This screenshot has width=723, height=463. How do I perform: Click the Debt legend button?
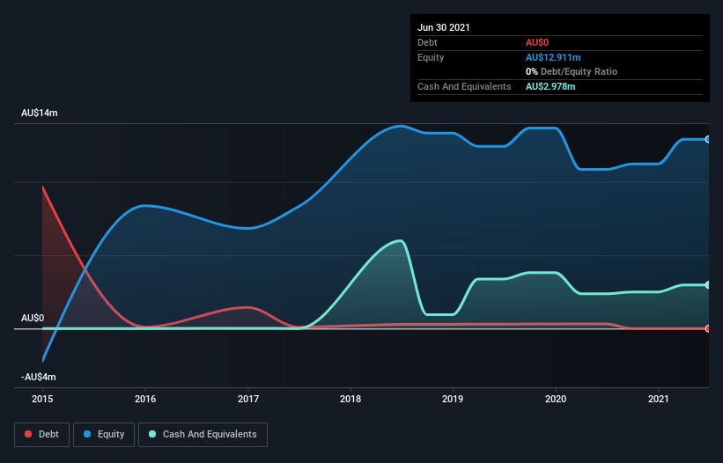(41, 434)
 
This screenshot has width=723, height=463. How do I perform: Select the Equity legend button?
(103, 434)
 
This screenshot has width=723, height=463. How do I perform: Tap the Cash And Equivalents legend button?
(203, 434)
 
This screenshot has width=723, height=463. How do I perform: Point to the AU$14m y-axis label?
(40, 114)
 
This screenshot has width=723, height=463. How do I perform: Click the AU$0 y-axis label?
(33, 318)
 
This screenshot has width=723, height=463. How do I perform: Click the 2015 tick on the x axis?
(42, 400)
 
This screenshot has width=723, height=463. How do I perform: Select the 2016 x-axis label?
(145, 400)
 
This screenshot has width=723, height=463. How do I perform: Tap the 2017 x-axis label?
(248, 400)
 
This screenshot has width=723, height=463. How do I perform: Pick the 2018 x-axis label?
(350, 400)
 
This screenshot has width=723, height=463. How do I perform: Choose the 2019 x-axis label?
(454, 400)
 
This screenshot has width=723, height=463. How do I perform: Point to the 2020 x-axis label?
(556, 400)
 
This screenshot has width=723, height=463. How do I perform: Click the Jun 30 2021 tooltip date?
(444, 27)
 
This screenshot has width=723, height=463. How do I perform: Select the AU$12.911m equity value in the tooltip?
(553, 57)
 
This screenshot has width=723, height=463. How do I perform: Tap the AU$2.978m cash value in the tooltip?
(550, 86)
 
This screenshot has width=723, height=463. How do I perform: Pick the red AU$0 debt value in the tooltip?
(538, 42)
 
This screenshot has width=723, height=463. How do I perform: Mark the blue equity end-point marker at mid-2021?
(707, 139)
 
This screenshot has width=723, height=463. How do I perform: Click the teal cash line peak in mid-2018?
(401, 240)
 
